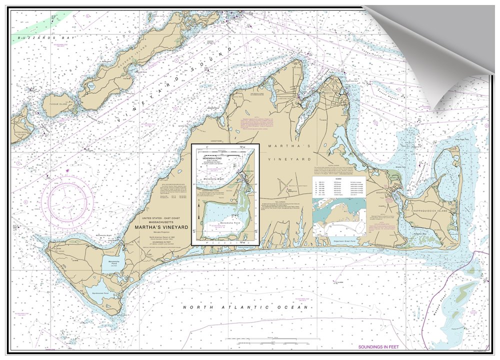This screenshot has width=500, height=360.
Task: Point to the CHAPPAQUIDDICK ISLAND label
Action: pos(430,211)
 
